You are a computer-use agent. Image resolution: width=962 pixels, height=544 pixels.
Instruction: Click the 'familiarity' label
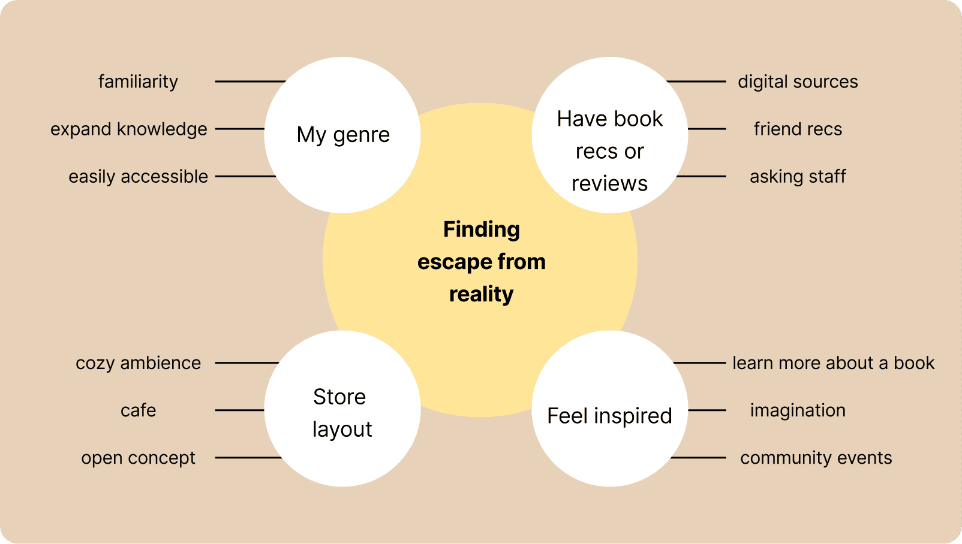click(138, 81)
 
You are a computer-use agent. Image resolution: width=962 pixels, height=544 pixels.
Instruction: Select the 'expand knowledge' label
click(128, 129)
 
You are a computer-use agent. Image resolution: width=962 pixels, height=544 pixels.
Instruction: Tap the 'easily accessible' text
click(138, 177)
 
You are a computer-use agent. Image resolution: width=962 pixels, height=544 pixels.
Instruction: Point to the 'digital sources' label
click(798, 81)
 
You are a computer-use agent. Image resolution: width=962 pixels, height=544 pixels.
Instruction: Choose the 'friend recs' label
click(798, 129)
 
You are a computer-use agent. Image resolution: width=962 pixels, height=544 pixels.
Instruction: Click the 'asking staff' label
click(798, 177)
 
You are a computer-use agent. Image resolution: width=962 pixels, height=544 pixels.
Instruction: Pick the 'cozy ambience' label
click(138, 363)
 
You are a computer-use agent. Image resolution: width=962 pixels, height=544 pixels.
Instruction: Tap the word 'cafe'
click(138, 410)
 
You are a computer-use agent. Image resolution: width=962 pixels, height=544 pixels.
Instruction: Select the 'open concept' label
click(138, 458)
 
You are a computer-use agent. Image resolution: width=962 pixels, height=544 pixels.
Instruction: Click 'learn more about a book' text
click(833, 363)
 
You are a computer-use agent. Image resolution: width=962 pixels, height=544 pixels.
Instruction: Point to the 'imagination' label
click(798, 410)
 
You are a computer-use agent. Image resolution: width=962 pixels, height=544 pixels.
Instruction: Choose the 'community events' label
click(816, 458)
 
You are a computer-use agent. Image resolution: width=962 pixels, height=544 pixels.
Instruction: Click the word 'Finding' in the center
click(481, 229)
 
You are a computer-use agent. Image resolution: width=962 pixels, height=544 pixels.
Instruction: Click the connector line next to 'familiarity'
click(249, 81)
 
